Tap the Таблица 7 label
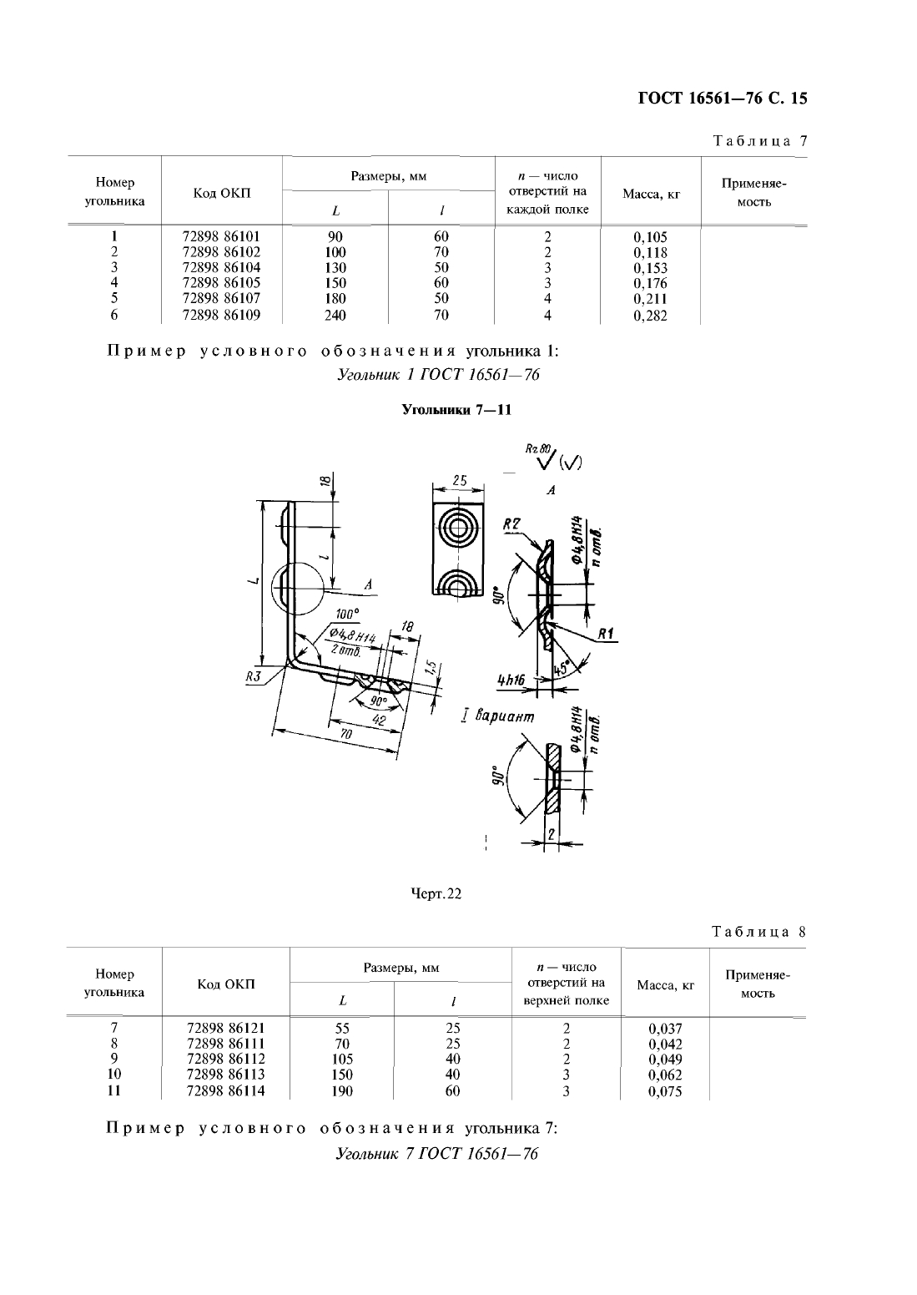pyautogui.click(x=760, y=141)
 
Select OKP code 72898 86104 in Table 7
pyautogui.click(x=221, y=268)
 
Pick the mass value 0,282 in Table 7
pyautogui.click(x=651, y=316)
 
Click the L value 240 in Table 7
pyautogui.click(x=335, y=316)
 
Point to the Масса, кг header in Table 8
pyautogui.click(x=665, y=985)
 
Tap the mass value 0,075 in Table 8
pyautogui.click(x=665, y=1091)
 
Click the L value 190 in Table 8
pyautogui.click(x=342, y=1091)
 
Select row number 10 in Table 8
pyautogui.click(x=114, y=1075)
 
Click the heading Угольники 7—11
pyautogui.click(x=456, y=410)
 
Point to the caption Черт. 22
pyautogui.click(x=436, y=893)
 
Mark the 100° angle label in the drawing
pyautogui.click(x=346, y=614)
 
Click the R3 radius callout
pyautogui.click(x=255, y=676)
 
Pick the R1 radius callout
pyautogui.click(x=606, y=635)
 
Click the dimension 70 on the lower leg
pyautogui.click(x=345, y=735)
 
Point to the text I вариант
pyautogui.click(x=498, y=716)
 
